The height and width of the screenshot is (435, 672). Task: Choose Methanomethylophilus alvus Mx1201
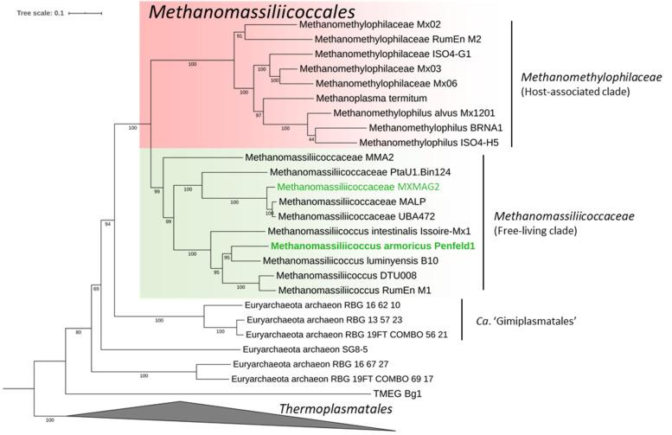(402, 113)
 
